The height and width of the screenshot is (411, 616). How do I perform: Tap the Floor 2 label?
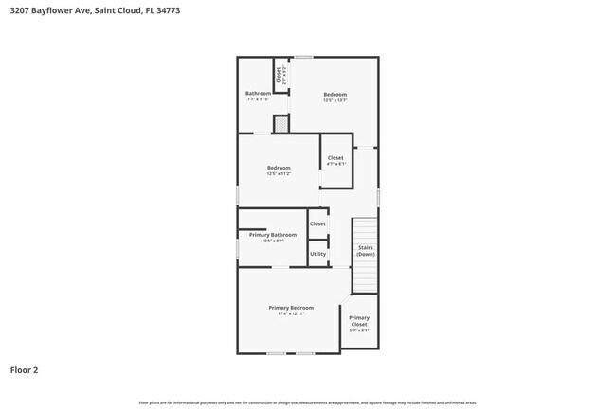[24, 370]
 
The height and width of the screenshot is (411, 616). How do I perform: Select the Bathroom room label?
[258, 93]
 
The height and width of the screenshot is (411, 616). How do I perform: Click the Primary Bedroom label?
[291, 308]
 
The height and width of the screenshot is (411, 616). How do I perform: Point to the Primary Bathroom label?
[272, 234]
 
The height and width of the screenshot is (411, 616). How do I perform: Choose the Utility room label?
[317, 254]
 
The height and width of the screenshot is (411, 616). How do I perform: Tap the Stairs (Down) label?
[365, 251]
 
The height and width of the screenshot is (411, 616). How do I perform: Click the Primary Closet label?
[359, 321]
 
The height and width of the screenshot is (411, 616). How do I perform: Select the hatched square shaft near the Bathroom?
[281, 124]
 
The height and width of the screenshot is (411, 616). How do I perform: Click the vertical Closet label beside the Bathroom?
[278, 75]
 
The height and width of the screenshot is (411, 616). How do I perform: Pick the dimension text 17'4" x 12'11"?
[291, 314]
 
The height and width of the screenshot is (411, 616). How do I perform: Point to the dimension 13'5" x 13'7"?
[335, 100]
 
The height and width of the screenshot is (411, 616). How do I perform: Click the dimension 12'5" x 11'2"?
[279, 174]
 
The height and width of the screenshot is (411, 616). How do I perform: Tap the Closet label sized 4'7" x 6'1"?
[335, 158]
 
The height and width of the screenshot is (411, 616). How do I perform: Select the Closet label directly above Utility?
[317, 224]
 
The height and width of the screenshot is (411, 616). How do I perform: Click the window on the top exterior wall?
[303, 57]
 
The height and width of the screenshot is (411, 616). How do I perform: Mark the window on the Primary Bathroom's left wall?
[237, 248]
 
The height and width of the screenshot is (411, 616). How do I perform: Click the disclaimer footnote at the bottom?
[307, 402]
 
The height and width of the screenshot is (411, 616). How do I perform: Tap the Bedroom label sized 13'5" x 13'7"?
[335, 94]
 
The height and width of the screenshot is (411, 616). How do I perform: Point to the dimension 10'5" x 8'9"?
[272, 241]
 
